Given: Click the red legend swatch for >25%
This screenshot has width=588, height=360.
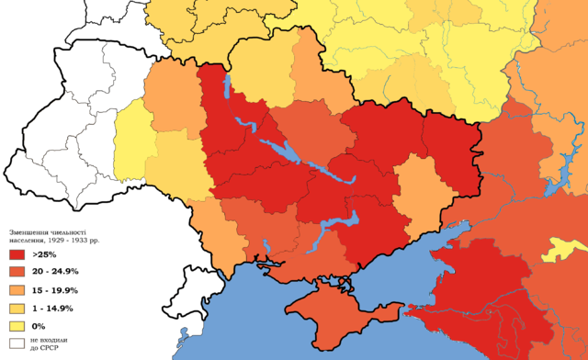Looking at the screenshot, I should (x=17, y=253).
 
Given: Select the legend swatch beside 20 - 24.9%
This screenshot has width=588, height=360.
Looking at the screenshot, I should (x=17, y=272).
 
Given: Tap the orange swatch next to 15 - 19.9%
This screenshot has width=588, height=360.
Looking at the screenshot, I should (x=17, y=290).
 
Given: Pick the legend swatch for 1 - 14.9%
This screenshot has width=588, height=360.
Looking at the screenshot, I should (x=17, y=309).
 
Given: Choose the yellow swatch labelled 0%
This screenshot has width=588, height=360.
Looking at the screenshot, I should (x=17, y=327).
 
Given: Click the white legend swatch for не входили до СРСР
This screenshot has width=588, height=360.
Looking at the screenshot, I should (x=17, y=345).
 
